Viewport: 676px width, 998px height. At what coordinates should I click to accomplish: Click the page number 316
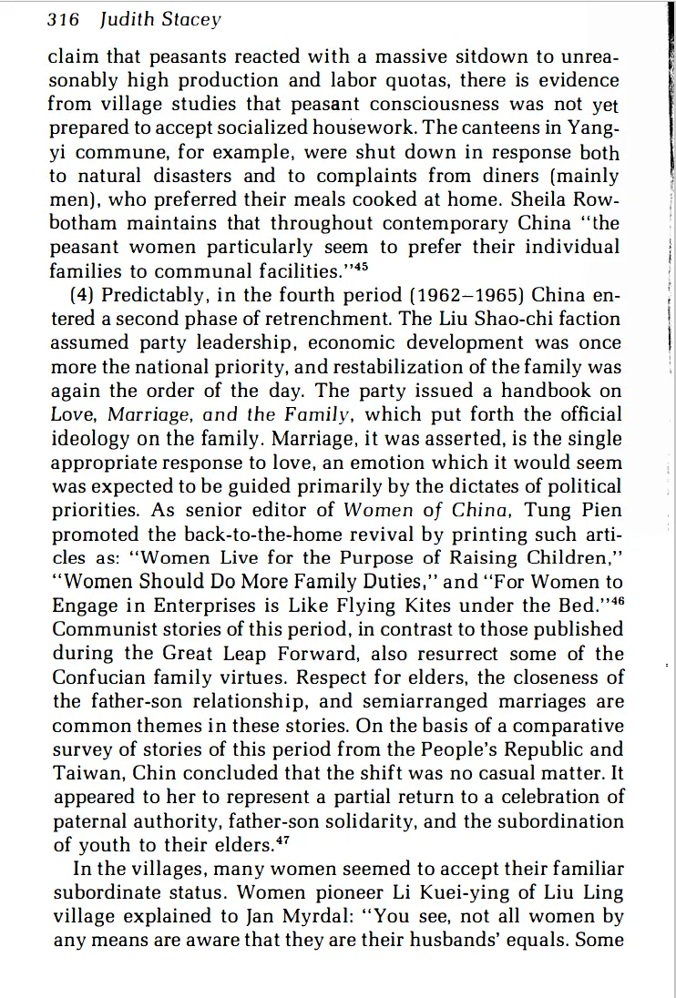tap(64, 19)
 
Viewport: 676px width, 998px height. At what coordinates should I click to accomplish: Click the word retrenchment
tap(318, 320)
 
